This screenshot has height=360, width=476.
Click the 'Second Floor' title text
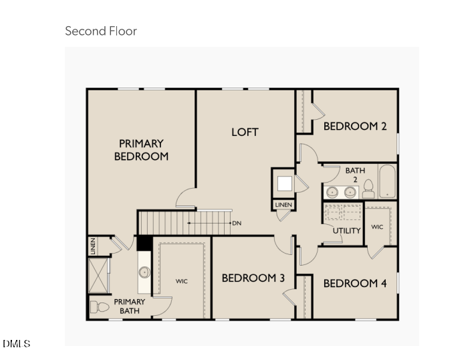(x=100, y=31)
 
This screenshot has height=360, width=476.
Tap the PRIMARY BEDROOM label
(x=141, y=150)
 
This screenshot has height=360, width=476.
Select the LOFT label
(x=245, y=132)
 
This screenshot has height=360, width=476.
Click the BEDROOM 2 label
(x=355, y=126)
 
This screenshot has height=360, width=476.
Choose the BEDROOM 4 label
(x=355, y=283)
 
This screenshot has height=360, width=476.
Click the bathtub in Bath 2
(x=388, y=181)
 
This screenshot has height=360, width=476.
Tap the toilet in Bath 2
(x=368, y=191)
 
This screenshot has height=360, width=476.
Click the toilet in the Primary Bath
(x=99, y=308)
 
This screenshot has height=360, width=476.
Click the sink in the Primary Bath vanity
(x=144, y=272)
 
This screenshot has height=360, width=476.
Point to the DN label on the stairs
(x=237, y=223)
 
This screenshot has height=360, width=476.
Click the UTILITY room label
(x=347, y=231)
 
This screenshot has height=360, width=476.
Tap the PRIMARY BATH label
(x=129, y=306)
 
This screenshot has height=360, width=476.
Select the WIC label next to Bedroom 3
(x=182, y=281)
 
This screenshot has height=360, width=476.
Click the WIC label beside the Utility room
(x=377, y=228)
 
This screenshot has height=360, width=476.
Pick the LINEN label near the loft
(x=283, y=205)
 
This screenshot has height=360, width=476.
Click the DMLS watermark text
(x=16, y=344)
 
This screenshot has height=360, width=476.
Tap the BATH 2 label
(x=355, y=175)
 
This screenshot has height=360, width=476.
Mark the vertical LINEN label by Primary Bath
(x=93, y=246)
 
